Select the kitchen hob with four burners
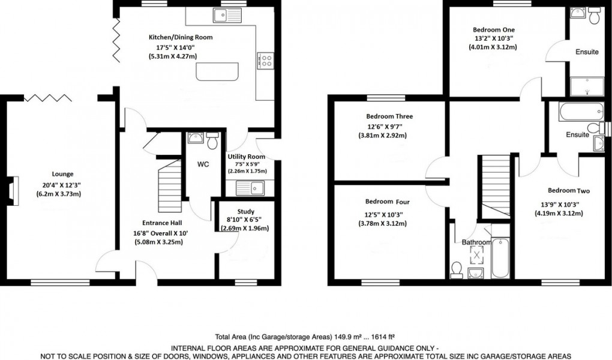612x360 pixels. click(266, 60)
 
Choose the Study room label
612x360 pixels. click(246, 211)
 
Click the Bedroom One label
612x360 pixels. click(493, 29)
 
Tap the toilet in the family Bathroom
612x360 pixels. click(456, 269)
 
